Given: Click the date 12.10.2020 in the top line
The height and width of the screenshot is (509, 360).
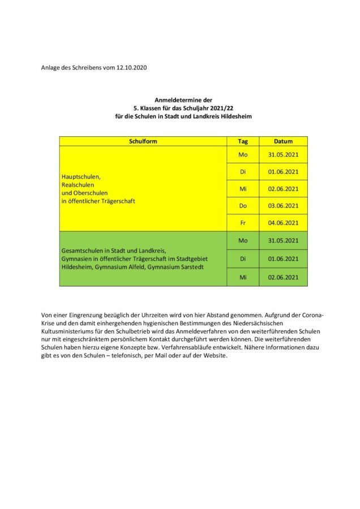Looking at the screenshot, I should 131,67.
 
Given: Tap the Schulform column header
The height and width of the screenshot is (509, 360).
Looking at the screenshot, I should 143,141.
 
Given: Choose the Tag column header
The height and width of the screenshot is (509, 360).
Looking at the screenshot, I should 243,141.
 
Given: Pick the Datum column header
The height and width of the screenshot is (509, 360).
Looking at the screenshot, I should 283,141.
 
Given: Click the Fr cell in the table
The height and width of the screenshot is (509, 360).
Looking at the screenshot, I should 243,222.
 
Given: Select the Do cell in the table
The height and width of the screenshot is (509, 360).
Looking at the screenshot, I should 243,205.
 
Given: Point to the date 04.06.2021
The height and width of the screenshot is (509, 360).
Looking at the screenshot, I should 283,222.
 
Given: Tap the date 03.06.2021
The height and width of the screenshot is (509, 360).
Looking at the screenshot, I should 283,205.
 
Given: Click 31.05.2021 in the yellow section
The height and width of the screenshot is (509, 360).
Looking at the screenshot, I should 283,154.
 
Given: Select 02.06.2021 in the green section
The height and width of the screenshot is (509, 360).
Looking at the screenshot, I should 283,277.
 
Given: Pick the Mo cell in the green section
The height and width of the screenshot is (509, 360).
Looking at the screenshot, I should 243,240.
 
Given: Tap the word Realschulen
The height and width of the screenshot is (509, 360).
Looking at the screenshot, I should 78,184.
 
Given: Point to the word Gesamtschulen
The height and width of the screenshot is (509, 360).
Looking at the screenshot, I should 83,251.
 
